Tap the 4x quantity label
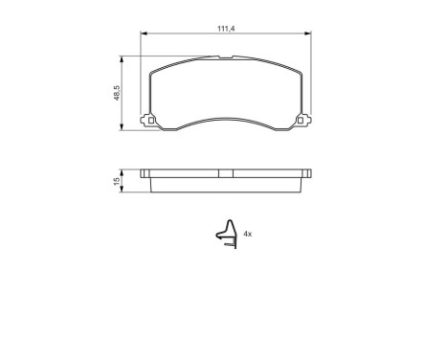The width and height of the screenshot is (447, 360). click(247, 233)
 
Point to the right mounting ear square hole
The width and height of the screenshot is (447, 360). click(303, 121)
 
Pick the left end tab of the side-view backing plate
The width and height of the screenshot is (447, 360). click(145, 173)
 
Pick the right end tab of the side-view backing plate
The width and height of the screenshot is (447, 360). click(308, 173)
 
